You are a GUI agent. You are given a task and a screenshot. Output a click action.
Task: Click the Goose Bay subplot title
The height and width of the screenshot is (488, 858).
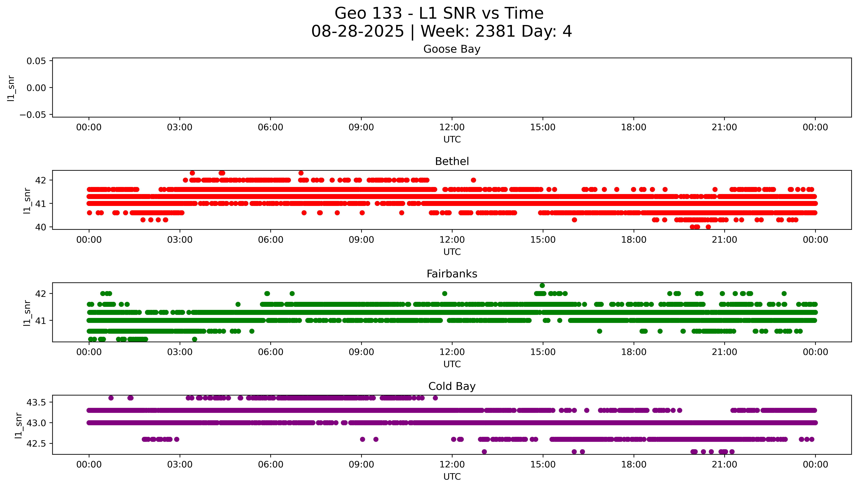point(452,49)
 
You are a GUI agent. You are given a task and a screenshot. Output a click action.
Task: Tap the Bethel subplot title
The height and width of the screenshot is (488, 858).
point(452,162)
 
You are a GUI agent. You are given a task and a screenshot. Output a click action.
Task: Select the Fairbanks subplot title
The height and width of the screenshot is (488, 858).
point(452,274)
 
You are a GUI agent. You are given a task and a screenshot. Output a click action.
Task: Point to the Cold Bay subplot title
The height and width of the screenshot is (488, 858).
point(452,386)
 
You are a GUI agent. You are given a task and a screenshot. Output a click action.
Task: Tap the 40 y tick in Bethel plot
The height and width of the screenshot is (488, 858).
point(41,227)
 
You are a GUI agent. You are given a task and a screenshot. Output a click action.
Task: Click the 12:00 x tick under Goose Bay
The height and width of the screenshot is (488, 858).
point(452,127)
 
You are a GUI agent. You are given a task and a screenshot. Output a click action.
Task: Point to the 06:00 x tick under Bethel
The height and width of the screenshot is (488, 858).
point(270,240)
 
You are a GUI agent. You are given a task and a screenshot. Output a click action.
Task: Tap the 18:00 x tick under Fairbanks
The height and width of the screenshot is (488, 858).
point(634,352)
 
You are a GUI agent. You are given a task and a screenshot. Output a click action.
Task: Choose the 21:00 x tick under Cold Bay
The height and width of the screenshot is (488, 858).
point(724,465)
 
